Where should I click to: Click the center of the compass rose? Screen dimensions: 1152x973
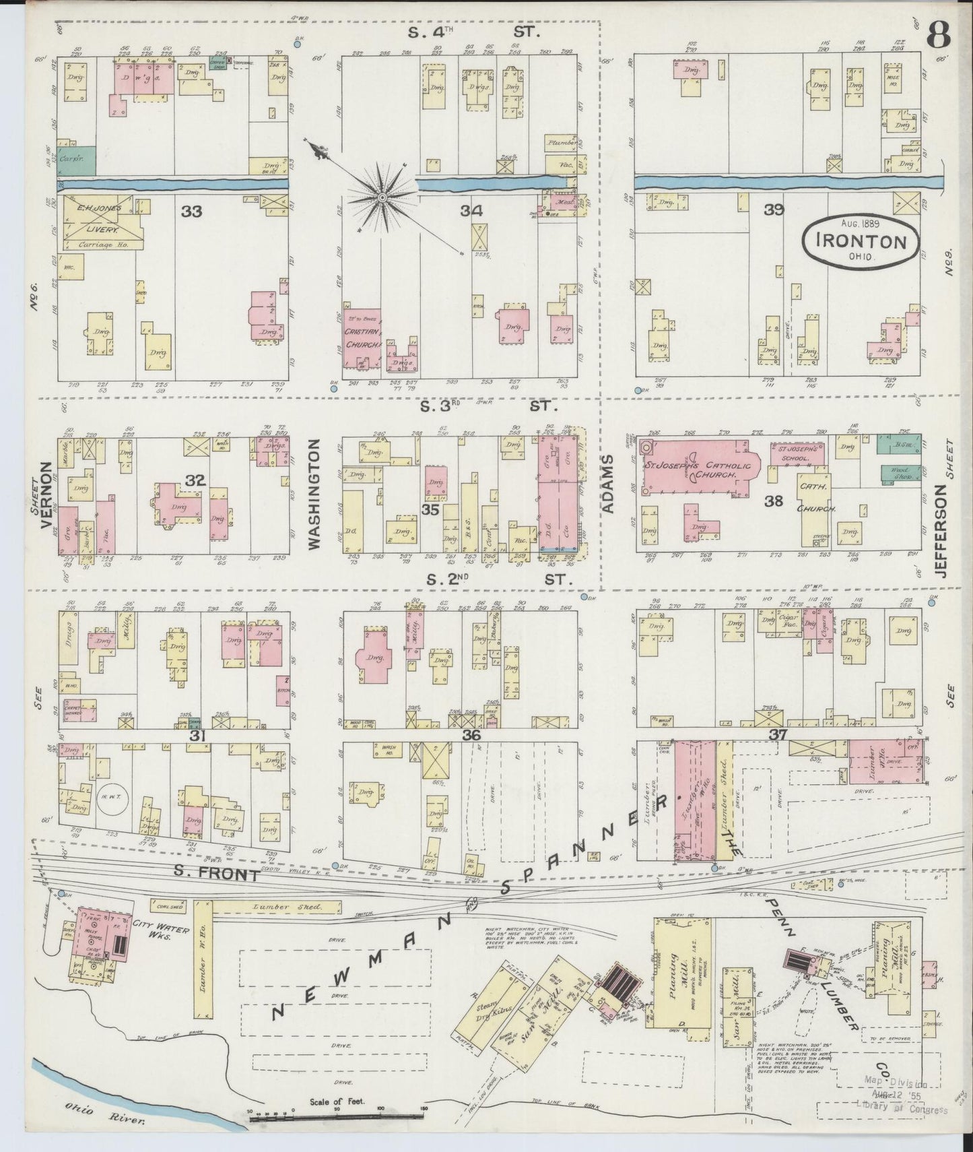(382, 197)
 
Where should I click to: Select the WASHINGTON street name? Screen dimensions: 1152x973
(314, 502)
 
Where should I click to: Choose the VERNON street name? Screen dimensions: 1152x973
(47, 496)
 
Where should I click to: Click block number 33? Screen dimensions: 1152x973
(192, 212)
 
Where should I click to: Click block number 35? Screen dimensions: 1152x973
(430, 510)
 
